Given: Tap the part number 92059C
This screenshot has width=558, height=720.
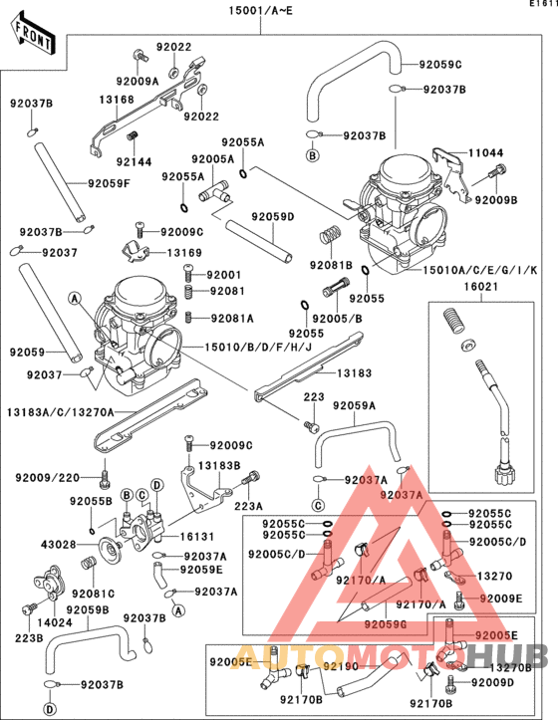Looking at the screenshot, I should pos(441,65).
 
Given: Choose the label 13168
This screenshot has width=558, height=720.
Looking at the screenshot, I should pos(116,100).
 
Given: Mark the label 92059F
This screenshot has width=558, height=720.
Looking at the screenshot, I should pos(110,183).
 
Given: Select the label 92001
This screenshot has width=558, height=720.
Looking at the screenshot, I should pos(223,275).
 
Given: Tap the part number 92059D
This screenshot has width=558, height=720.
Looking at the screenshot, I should pos(272,216).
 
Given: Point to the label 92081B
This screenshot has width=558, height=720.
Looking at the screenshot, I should pos(330,265).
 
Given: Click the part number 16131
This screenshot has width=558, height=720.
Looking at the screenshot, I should pos(197,536).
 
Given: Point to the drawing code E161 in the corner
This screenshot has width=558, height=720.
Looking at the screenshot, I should pos(541,5).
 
